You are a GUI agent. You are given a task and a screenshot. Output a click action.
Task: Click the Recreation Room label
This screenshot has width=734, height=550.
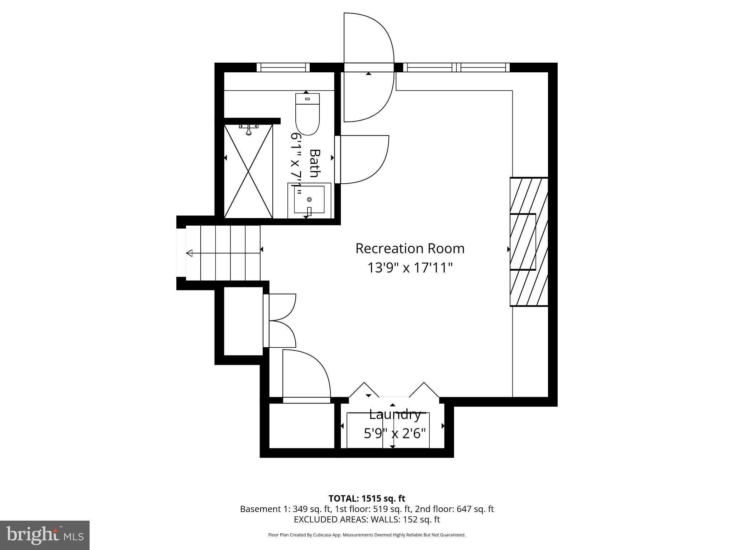click(410, 249)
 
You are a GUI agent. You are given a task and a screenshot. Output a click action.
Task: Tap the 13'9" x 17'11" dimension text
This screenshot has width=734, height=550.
click(410, 267)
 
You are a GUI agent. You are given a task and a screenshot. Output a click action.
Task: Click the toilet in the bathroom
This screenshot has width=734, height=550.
click(307, 114)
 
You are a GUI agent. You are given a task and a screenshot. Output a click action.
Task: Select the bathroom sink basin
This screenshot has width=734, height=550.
click(309, 199)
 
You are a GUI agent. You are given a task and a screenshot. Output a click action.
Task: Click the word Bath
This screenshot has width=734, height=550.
click(314, 163)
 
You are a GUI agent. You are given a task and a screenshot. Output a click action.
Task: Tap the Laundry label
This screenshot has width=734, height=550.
click(395, 415)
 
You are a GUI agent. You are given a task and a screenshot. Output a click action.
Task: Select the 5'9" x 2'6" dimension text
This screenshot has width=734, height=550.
click(395, 434)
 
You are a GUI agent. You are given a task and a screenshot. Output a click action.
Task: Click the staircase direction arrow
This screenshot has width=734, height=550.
click(189, 254)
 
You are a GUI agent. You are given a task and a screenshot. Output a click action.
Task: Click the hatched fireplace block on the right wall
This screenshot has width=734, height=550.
click(529, 242)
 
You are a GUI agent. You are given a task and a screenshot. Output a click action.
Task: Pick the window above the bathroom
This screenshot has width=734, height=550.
click(283, 67)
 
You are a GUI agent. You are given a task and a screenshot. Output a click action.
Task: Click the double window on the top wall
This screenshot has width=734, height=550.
click(456, 67)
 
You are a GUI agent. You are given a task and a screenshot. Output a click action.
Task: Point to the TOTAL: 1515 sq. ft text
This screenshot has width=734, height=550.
click(367, 498)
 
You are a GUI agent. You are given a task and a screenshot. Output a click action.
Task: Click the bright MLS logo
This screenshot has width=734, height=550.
click(45, 535)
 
